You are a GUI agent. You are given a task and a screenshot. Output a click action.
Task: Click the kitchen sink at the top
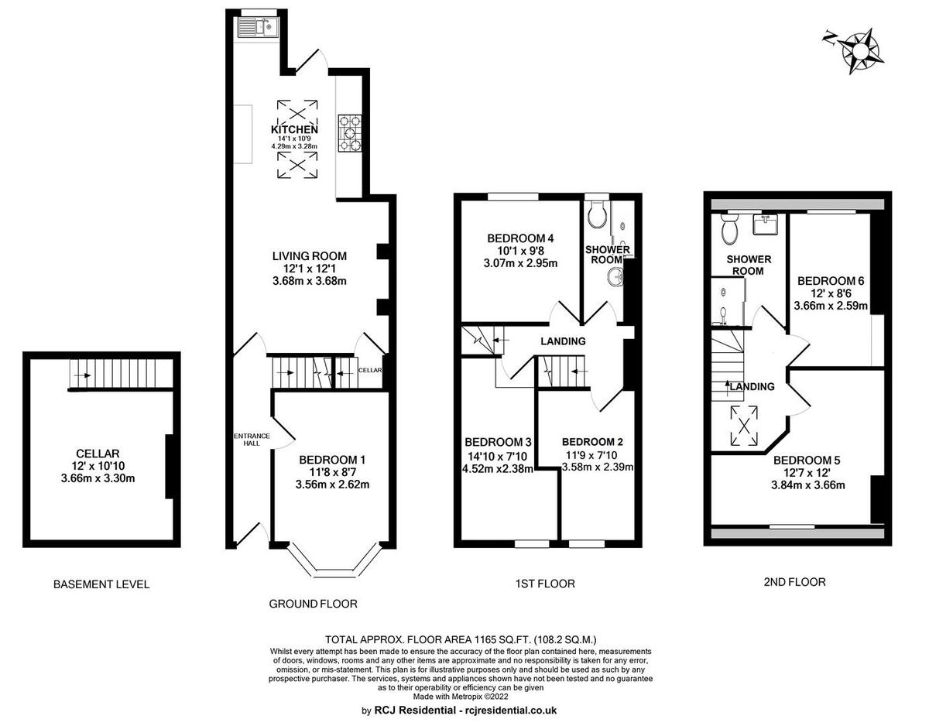(258, 28)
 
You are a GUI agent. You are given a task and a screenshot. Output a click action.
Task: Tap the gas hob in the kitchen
(351, 133)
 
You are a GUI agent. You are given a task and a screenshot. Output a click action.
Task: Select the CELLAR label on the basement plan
(98, 454)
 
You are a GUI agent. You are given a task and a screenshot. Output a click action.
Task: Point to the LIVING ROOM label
(310, 256)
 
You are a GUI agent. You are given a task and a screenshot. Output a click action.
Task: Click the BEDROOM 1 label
(332, 460)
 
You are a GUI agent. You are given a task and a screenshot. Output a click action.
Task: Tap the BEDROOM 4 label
(520, 238)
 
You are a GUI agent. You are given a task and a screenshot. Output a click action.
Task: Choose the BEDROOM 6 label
(831, 281)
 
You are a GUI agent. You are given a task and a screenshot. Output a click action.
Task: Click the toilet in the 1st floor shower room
(596, 214)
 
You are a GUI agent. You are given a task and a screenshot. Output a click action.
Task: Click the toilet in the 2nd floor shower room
(728, 228)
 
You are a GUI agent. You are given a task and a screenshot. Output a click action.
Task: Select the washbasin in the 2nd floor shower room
(765, 224)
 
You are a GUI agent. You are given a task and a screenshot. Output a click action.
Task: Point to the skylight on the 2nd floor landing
(744, 426)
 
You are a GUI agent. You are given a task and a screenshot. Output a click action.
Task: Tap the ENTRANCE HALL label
(252, 440)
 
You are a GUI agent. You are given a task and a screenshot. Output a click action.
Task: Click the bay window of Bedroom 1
(334, 560)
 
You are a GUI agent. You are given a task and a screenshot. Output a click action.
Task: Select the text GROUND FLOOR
(313, 604)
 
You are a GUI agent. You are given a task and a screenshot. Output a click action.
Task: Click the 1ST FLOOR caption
(545, 584)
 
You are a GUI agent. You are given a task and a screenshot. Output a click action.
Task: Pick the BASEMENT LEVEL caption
(101, 584)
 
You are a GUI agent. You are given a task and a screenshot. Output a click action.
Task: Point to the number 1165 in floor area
(485, 639)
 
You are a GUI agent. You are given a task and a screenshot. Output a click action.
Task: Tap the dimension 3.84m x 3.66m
(808, 485)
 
